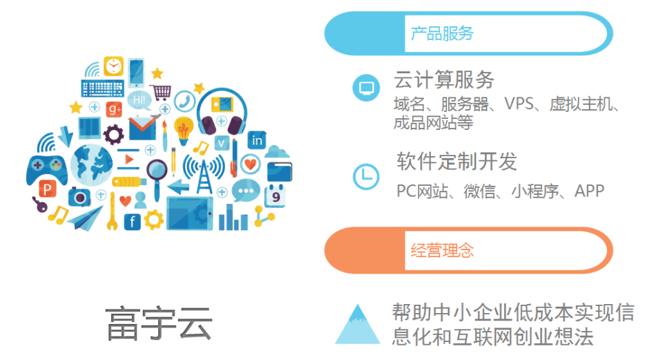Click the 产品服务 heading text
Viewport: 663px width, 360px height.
coord(442,33)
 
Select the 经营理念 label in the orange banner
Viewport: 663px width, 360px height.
coord(442,250)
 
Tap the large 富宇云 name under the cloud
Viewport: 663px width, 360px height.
coord(159,323)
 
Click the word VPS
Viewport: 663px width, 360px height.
coord(519,103)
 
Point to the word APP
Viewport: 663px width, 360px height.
coord(589,191)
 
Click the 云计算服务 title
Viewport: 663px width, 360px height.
coord(444,79)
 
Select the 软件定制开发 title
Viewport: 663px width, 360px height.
coord(457,161)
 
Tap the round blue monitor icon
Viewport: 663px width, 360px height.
coord(366,88)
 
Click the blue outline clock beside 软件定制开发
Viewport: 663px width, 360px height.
coord(366,176)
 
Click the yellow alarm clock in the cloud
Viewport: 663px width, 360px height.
coord(113,66)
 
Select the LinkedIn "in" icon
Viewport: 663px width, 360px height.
coord(257,140)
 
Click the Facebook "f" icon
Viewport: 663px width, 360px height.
coord(133,222)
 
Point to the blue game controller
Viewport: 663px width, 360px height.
coord(46,170)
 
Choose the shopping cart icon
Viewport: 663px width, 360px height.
coord(161,92)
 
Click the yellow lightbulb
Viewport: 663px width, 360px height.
coord(183,131)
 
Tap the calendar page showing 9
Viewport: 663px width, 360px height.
coord(276,196)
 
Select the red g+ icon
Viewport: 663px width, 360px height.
coord(114,110)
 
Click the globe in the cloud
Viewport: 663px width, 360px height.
coord(91,165)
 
